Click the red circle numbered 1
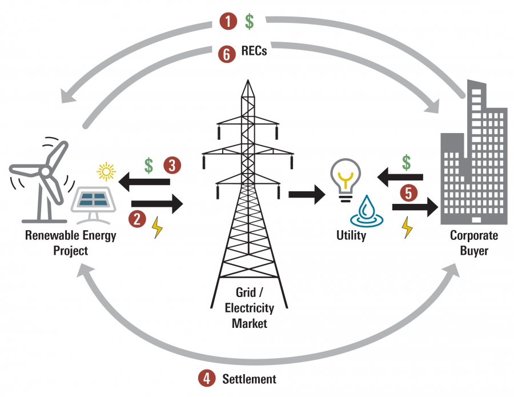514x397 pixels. pyautogui.click(x=228, y=22)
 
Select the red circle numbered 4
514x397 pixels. pyautogui.click(x=207, y=378)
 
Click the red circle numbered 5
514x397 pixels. pyautogui.click(x=408, y=194)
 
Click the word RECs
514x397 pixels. pyautogui.click(x=254, y=52)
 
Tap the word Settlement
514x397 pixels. pyautogui.click(x=249, y=379)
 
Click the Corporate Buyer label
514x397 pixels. pyautogui.click(x=473, y=243)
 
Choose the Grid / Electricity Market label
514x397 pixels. pyautogui.click(x=249, y=308)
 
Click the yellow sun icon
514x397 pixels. pyautogui.click(x=106, y=171)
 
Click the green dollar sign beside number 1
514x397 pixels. pyautogui.click(x=250, y=22)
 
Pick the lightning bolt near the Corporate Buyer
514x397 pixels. pyautogui.click(x=407, y=227)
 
